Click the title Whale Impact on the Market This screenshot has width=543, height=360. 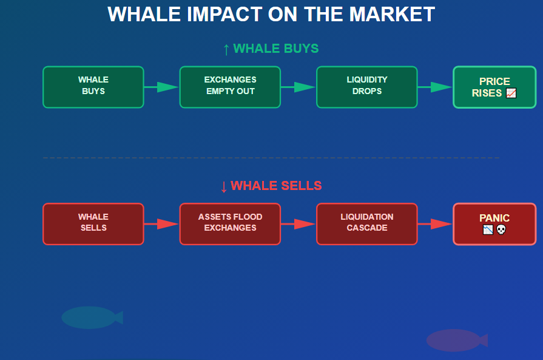[271, 15]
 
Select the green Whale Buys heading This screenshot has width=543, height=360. [271, 49]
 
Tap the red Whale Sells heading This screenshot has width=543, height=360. [271, 186]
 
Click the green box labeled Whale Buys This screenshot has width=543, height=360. [93, 87]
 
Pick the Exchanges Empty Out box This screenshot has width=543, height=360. [230, 87]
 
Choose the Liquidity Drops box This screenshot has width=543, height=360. [366, 87]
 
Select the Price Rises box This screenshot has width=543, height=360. [494, 87]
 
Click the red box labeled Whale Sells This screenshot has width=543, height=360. [93, 224]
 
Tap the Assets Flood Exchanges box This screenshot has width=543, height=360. [230, 224]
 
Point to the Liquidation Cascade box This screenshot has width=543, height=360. [366, 224]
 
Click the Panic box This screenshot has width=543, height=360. [494, 224]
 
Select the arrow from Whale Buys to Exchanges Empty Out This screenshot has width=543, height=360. [161, 87]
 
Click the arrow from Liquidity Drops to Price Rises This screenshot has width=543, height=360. [435, 87]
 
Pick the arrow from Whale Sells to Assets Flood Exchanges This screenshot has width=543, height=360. [161, 224]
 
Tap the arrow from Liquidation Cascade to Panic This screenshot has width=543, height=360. [435, 224]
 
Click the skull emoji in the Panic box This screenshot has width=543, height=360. [501, 230]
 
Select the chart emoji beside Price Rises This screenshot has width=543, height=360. [511, 93]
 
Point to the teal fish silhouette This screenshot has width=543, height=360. [91, 318]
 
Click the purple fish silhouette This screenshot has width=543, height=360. [456, 340]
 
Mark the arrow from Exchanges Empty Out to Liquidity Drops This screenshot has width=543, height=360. [298, 87]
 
